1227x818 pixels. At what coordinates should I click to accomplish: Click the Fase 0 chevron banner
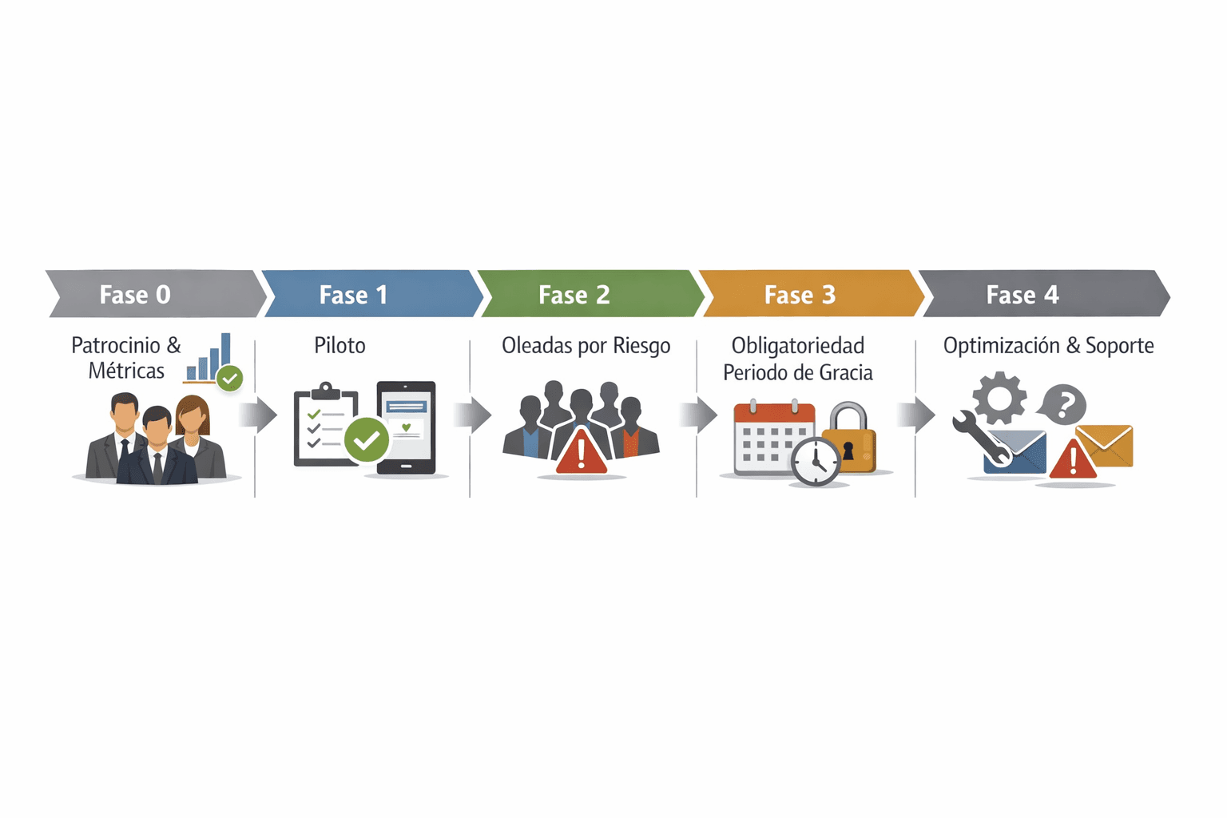tap(156, 294)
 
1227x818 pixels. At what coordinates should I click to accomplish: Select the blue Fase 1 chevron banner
tap(372, 294)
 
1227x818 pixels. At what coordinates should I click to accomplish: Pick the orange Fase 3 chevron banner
tap(812, 294)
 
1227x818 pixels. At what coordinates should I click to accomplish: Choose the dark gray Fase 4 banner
tap(1044, 294)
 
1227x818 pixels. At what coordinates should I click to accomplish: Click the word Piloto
tap(340, 346)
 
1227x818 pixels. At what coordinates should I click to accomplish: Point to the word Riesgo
tap(641, 346)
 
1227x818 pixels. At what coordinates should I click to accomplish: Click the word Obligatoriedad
tap(797, 346)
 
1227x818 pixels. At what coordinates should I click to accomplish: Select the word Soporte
tap(1120, 346)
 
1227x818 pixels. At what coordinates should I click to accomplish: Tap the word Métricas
tap(126, 371)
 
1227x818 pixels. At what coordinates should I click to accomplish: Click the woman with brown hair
tap(196, 435)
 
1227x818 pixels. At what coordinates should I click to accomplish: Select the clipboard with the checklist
tap(326, 423)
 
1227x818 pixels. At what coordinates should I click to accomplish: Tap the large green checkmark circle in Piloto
tap(367, 439)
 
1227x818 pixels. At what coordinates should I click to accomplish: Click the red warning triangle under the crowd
tap(582, 453)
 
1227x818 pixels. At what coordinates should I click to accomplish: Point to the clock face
tap(816, 461)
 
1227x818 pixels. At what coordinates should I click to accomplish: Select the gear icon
tap(999, 398)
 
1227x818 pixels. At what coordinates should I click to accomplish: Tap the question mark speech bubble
tap(1062, 404)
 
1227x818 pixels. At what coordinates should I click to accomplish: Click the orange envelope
tap(1104, 446)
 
